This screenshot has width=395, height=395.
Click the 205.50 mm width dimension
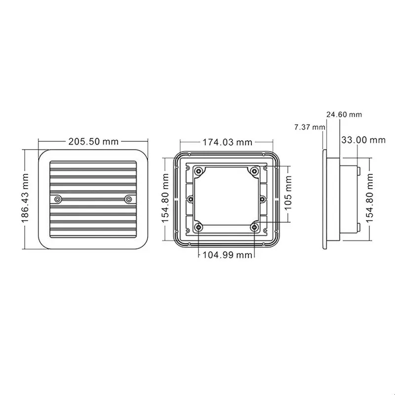click(93, 142)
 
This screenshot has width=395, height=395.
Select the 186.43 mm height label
click(25, 198)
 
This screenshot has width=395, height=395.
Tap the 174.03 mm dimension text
click(228, 142)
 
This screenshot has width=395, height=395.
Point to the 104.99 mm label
click(227, 255)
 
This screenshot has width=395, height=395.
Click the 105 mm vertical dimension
click(288, 193)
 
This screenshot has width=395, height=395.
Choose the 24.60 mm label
click(344, 115)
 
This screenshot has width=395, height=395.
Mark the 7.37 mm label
click(310, 127)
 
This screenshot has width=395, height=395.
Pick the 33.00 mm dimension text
click(363, 140)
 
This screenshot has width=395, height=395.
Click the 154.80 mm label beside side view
click(369, 198)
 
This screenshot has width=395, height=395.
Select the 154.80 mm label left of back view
click(165, 198)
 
